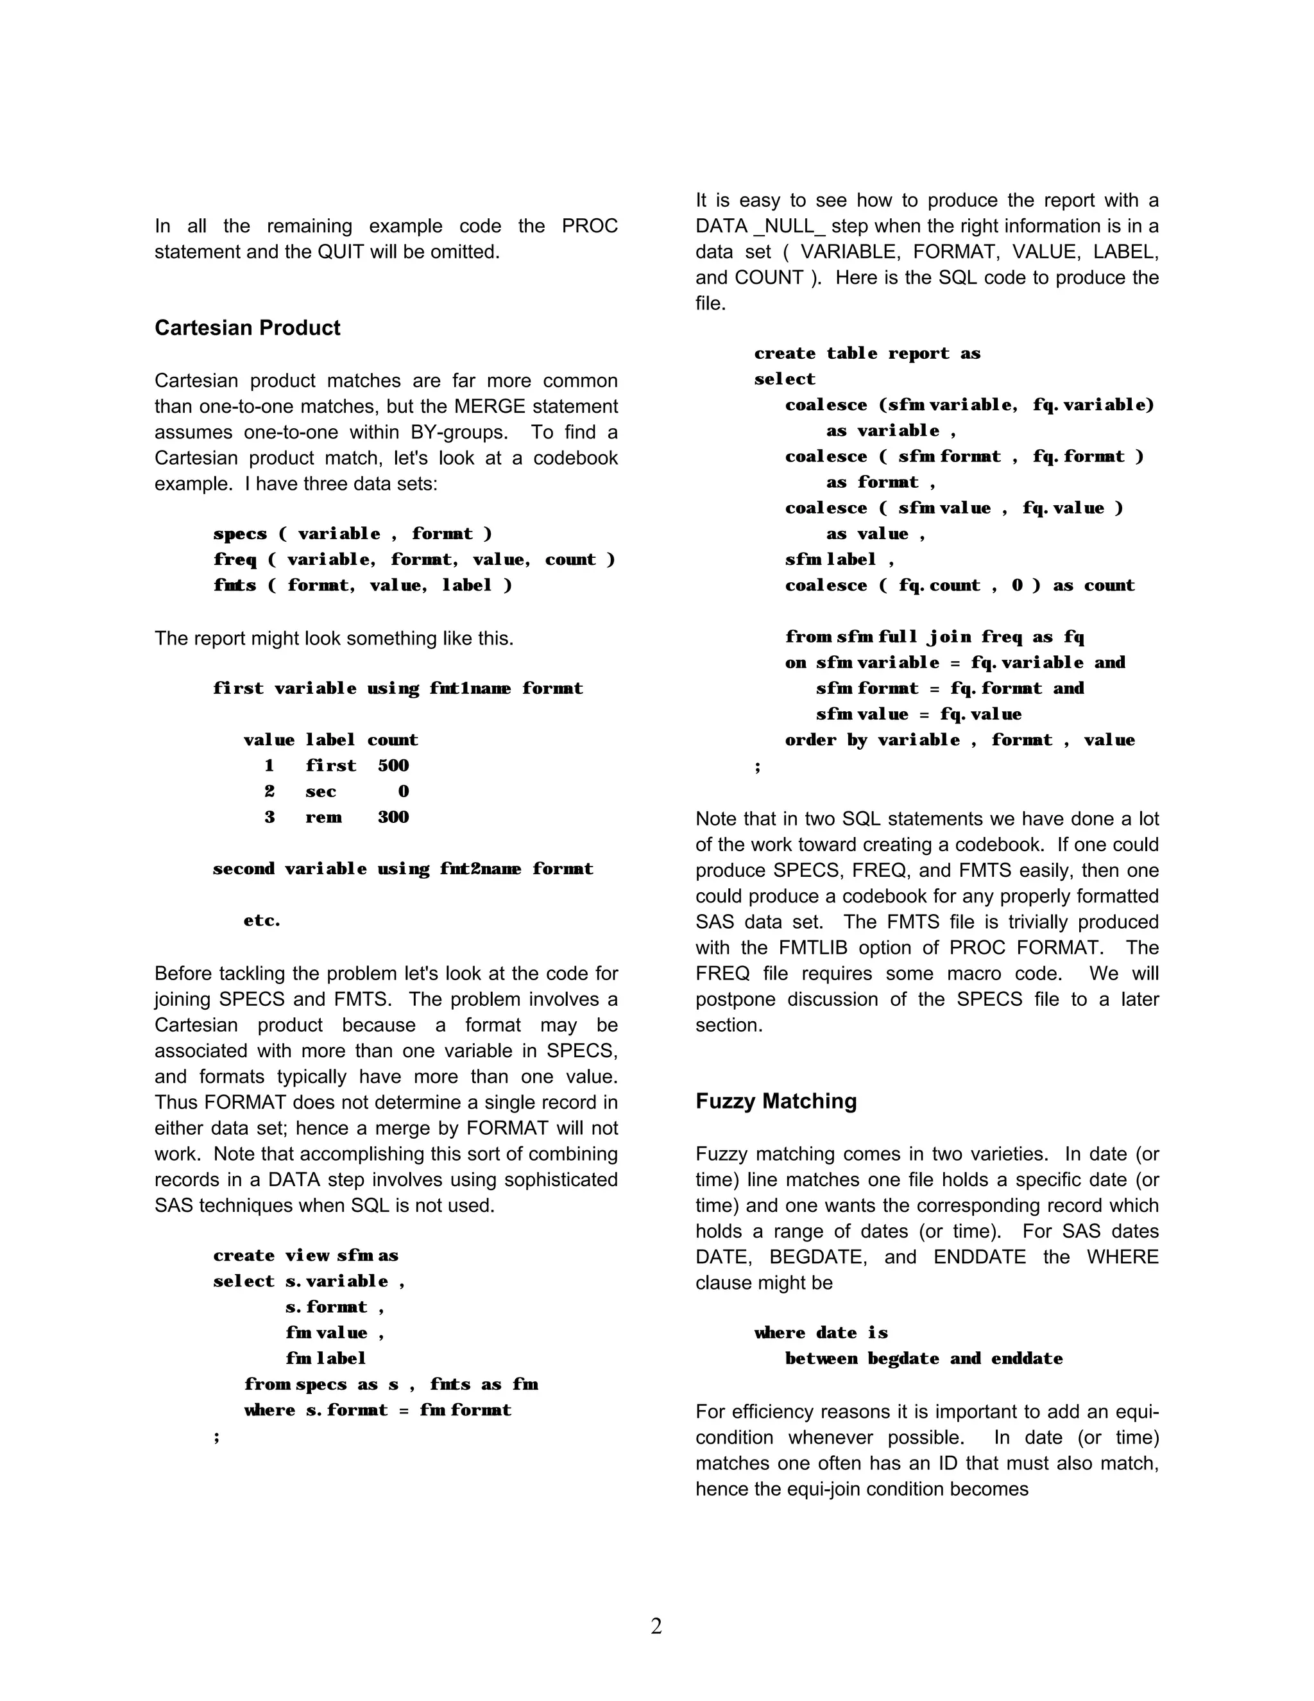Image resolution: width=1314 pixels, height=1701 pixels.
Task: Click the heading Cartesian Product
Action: tap(247, 328)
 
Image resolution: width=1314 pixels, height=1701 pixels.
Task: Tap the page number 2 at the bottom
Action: tap(656, 1627)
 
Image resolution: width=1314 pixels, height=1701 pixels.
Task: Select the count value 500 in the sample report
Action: tap(393, 766)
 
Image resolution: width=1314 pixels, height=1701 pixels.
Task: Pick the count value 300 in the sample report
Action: tap(393, 817)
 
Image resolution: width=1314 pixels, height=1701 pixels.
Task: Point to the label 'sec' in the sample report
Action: tap(321, 791)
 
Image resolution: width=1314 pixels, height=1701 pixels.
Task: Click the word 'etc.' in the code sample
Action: tap(262, 920)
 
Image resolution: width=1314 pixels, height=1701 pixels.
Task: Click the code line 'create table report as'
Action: tap(867, 354)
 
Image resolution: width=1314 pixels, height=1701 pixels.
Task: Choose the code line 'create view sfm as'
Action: tap(305, 1256)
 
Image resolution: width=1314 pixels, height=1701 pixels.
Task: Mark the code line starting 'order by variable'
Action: tap(959, 740)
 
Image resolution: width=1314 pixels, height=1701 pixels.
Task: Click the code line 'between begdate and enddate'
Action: tap(923, 1358)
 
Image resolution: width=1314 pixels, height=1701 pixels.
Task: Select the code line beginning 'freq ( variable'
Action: tap(414, 559)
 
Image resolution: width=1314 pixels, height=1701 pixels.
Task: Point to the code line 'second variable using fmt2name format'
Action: tap(402, 868)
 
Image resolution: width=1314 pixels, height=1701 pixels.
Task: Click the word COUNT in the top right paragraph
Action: tap(768, 277)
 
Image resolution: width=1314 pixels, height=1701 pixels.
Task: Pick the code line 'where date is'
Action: tap(821, 1333)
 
